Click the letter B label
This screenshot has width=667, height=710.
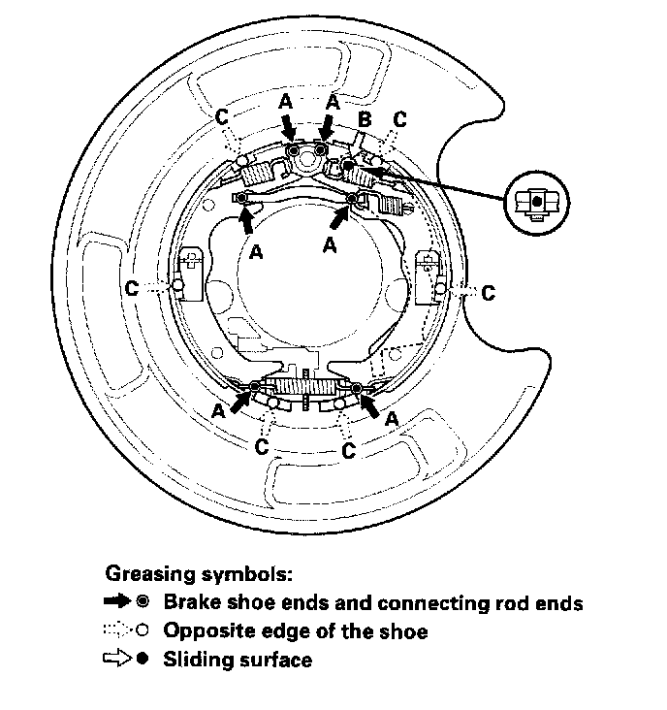coord(365,120)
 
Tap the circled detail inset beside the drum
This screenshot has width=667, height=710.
coord(537,202)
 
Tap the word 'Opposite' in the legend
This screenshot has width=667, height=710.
coord(205,631)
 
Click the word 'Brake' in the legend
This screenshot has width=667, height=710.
coord(190,603)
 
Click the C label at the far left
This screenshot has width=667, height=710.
coord(132,287)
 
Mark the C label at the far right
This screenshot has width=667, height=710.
coord(489,291)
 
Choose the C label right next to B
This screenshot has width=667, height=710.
coord(400,120)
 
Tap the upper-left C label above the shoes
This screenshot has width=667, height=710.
coord(222,116)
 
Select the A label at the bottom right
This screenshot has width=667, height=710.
coord(392,418)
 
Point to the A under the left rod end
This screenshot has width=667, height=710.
coord(256,251)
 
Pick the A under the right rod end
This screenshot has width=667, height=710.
coord(330,245)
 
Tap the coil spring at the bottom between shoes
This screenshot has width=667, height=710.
coord(304,387)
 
